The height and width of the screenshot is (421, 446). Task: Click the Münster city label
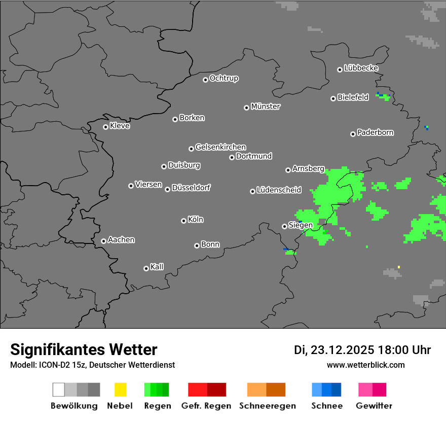(x=266, y=107)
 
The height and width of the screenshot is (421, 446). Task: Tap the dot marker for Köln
(x=183, y=221)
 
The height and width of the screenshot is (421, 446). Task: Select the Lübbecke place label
(x=361, y=68)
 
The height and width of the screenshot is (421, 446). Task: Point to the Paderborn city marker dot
(x=353, y=134)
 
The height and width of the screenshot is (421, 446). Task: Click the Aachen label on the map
(x=121, y=240)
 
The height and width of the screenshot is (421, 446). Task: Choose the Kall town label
(x=157, y=267)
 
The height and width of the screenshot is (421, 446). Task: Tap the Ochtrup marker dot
(x=205, y=80)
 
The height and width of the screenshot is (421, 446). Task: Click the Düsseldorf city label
(x=191, y=188)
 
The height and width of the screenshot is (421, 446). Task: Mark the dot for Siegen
(x=284, y=226)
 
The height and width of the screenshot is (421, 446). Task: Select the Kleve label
(x=120, y=126)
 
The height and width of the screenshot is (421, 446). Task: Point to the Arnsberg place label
(x=308, y=169)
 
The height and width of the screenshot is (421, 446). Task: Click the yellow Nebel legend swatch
(x=120, y=390)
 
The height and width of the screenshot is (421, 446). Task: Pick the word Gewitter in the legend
(x=374, y=406)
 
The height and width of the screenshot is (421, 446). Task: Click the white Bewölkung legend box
(x=58, y=390)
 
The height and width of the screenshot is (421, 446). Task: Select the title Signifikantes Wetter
(x=84, y=350)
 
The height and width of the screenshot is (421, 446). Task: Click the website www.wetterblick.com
(x=365, y=365)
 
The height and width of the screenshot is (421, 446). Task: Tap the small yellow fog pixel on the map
(x=399, y=267)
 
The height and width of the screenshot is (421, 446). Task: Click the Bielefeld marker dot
(x=333, y=98)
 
